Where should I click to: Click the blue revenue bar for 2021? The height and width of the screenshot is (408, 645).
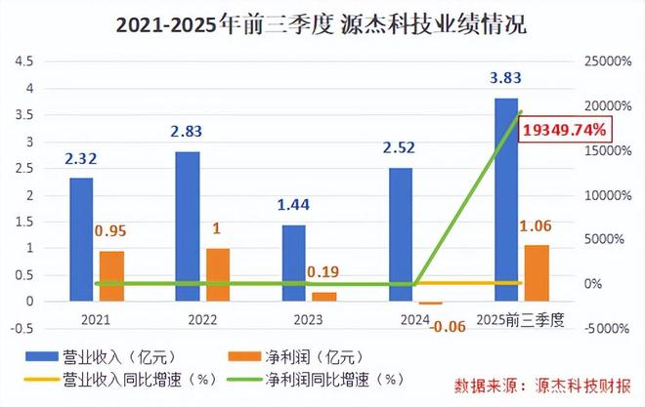click(81, 239)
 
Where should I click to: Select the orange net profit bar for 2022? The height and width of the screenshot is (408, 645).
click(218, 274)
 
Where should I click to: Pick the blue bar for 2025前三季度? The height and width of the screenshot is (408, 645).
click(506, 200)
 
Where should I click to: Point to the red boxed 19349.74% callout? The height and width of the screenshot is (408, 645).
click(565, 129)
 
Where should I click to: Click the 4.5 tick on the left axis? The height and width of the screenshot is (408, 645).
click(24, 61)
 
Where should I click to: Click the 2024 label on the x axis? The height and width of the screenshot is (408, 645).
click(401, 319)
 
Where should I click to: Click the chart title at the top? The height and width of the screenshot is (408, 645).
click(322, 25)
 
